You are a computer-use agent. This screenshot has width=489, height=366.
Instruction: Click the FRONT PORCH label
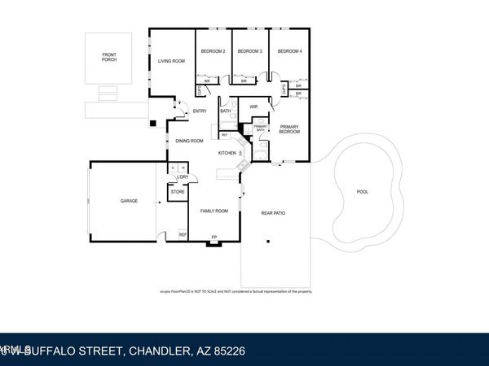pos(109,57)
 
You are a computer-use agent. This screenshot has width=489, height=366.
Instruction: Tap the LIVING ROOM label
pos(171,61)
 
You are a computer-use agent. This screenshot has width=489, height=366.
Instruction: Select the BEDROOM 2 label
pos(213,51)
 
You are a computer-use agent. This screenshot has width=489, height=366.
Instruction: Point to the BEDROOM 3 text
pos(249,51)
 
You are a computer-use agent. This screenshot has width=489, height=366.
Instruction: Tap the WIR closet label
pos(253,107)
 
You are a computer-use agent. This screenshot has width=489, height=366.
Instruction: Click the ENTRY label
pos(200,111)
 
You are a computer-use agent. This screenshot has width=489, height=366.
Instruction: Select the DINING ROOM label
pos(189,142)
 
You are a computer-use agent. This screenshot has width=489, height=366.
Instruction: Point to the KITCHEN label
pos(227,153)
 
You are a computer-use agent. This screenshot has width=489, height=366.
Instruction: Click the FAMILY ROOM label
pos(214,211)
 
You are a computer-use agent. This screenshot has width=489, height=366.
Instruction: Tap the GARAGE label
pos(130,200)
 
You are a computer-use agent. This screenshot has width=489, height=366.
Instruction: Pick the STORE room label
pos(177,192)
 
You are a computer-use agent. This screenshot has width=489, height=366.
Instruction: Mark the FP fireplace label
pos(214,237)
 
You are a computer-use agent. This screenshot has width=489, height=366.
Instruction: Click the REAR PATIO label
pos(274,213)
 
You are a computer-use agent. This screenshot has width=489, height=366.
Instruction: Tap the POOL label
pos(363,192)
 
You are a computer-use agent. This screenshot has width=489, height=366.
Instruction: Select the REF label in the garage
pos(183,235)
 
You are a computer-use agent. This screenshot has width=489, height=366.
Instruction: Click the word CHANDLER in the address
pos(159,351)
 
